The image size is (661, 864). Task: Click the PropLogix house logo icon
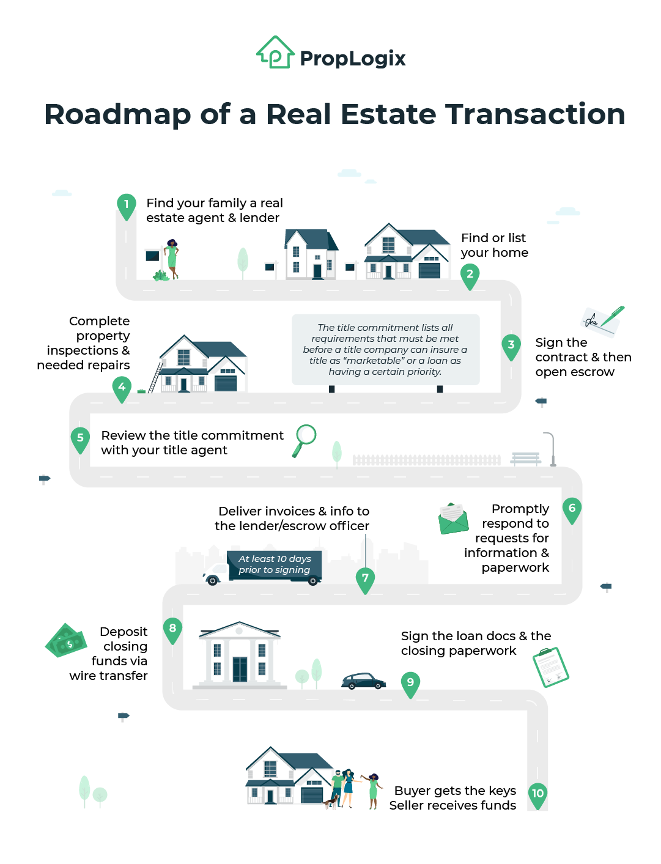click(275, 53)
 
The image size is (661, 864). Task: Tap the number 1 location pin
click(127, 205)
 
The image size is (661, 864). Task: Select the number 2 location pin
click(470, 275)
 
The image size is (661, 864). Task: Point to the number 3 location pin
click(511, 345)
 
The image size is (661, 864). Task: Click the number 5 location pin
click(80, 439)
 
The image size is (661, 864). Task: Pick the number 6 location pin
click(572, 509)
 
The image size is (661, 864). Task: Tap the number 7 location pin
click(365, 579)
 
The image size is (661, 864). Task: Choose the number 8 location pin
click(172, 629)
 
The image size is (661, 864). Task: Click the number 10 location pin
click(537, 795)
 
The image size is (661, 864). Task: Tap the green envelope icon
click(453, 519)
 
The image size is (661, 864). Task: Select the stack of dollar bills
click(66, 641)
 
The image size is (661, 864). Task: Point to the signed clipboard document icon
click(551, 667)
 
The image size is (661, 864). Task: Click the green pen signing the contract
click(612, 317)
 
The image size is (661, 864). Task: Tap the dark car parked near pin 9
click(363, 681)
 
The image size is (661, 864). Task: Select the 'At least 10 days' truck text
click(275, 564)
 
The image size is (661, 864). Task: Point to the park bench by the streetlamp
click(526, 458)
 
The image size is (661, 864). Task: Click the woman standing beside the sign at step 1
click(172, 259)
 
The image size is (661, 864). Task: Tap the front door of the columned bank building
click(240, 669)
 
